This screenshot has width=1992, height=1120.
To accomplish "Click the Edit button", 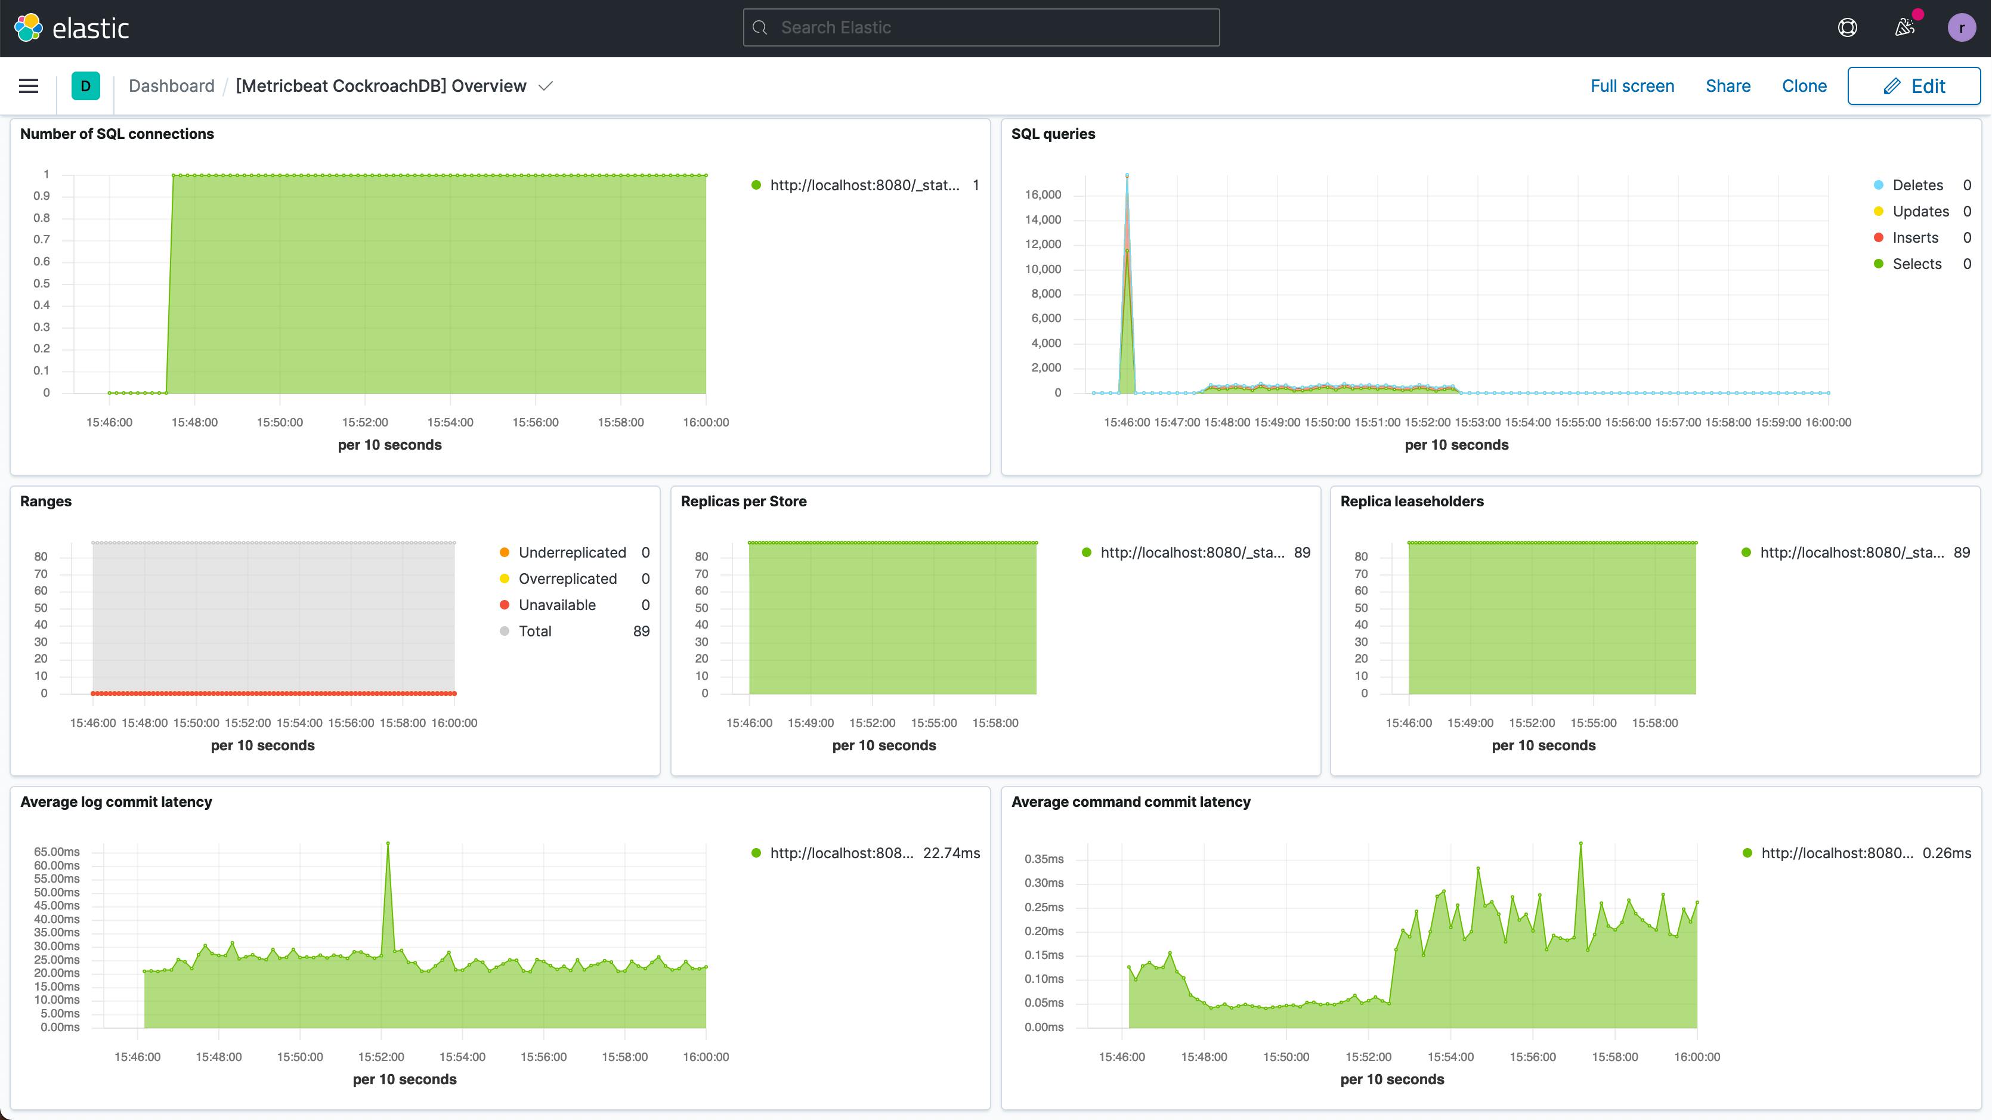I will [1913, 86].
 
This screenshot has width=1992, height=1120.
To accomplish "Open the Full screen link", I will [1632, 86].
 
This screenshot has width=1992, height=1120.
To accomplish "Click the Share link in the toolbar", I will [1728, 86].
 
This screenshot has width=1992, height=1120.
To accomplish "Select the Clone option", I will [1804, 86].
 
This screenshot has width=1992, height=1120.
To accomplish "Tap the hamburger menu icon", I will [29, 86].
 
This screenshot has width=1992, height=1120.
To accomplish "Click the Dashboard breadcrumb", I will [171, 86].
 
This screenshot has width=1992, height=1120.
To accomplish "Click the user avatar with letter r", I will [1961, 28].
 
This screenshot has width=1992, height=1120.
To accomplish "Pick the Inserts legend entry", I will [1914, 238].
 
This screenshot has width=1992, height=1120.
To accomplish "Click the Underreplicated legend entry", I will [571, 553].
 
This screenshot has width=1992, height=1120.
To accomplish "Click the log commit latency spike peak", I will [388, 844].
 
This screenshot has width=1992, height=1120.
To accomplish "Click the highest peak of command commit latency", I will [1580, 844].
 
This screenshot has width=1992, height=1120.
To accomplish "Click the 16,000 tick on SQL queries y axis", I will [1043, 195].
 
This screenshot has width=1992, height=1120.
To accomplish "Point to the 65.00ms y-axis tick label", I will [57, 852].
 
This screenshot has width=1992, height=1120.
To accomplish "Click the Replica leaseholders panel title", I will [1411, 501].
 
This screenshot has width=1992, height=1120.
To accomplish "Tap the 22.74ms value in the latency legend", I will [951, 853].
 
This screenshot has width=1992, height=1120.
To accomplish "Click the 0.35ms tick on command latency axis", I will [1043, 859].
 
